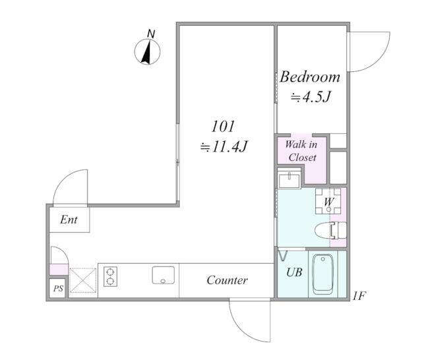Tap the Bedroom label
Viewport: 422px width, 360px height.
coord(310,77)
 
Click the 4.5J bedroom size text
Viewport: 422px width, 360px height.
coord(311,96)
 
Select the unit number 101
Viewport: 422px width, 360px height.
coord(223,126)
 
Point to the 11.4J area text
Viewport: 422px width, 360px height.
coord(224,146)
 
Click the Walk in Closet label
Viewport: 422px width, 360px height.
coord(302,151)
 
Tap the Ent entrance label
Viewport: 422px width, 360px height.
coord(69,220)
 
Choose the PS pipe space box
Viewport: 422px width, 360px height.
coord(58,288)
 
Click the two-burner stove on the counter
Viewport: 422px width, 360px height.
coord(110,276)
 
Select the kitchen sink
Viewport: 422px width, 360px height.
coord(164,275)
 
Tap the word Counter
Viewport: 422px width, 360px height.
coord(227,280)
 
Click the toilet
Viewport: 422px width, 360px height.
coord(330,230)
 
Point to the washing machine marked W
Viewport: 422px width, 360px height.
coord(328,201)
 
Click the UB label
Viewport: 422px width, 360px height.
coord(294,272)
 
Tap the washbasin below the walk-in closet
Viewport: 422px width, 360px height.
coord(289,181)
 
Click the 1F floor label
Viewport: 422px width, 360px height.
coord(359,296)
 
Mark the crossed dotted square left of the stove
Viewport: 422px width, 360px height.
coord(83,280)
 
